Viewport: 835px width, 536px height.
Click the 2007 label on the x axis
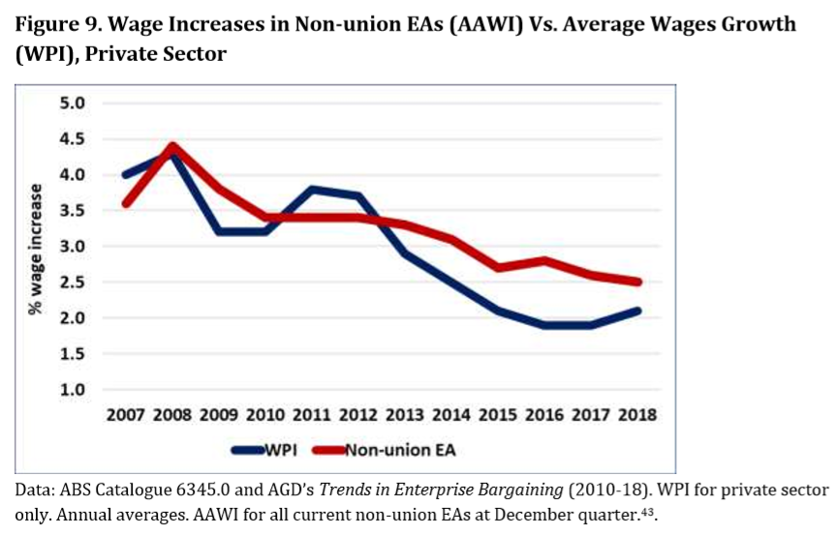coord(126,415)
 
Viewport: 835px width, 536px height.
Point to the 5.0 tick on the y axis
coord(74,104)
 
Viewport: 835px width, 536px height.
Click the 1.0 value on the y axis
coord(74,389)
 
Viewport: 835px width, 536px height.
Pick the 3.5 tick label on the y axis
coord(74,210)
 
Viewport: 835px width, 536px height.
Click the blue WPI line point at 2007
coord(126,175)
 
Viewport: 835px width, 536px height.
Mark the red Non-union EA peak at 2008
coord(171,146)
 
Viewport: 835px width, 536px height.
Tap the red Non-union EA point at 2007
coord(126,203)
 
